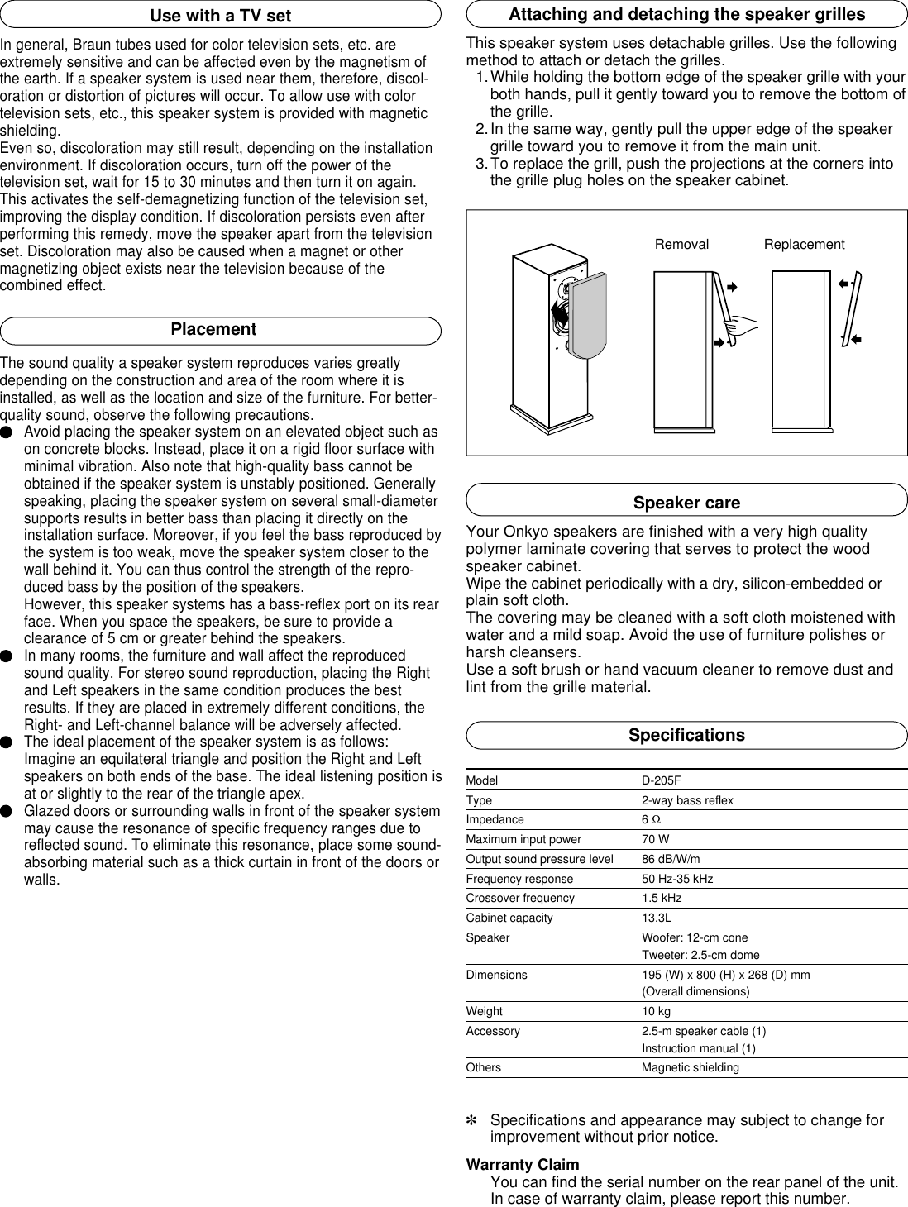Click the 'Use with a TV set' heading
220,15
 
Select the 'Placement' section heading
213,329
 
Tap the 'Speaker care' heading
686,503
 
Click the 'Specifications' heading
686,735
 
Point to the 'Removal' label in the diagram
681,245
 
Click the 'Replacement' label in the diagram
804,245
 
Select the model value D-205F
661,781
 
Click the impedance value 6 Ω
651,820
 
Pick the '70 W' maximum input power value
656,840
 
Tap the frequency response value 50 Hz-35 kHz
677,879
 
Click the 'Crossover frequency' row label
520,899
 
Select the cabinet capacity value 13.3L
657,918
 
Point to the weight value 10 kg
656,1012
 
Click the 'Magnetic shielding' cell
691,1068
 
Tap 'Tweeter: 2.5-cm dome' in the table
700,956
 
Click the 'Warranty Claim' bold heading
523,1165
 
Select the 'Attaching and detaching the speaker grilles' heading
686,15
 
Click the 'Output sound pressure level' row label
539,860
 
